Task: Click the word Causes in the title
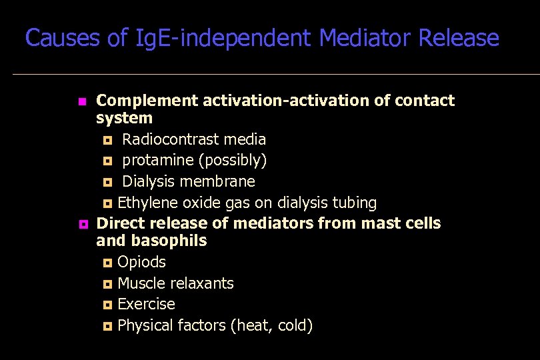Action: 63,38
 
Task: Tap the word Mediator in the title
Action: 365,38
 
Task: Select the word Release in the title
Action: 459,38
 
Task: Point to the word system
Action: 125,118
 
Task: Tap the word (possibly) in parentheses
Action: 233,161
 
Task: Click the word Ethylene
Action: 145,203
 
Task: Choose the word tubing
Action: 353,203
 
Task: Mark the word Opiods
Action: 142,262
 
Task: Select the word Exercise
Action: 146,304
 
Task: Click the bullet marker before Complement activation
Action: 81,102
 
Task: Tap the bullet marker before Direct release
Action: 81,224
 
